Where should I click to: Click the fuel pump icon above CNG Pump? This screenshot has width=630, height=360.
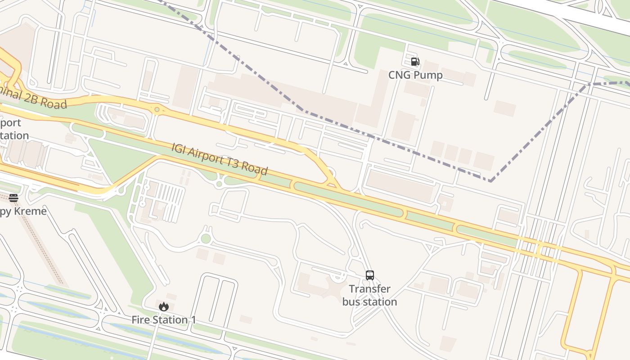coord(414,62)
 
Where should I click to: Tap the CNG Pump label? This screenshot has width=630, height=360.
coord(415,75)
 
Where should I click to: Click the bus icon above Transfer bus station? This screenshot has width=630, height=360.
coord(369,275)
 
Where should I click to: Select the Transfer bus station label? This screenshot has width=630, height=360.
coord(369,295)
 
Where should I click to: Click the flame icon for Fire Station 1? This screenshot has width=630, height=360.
coord(163,306)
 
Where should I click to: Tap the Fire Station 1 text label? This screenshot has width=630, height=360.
coord(163,320)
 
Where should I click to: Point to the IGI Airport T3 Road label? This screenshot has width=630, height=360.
coord(220,159)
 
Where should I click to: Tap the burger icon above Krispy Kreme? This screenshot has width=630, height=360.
coord(13,198)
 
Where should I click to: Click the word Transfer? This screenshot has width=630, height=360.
coord(369,289)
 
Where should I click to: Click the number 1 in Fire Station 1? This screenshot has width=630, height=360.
coord(193,320)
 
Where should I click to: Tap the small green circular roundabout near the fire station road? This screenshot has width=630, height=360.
coord(206,238)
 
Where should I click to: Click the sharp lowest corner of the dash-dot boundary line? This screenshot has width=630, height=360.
coord(490,181)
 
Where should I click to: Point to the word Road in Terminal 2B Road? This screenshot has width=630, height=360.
coord(54,103)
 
